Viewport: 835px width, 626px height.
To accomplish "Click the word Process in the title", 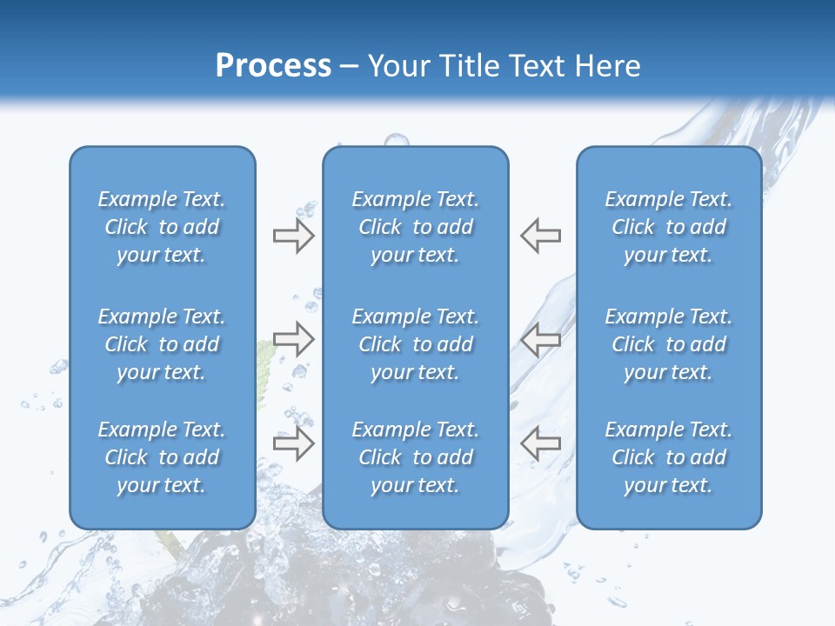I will coord(273,66).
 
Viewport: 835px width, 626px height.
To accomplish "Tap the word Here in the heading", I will coord(609,66).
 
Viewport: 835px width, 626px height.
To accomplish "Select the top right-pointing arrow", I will coord(293,236).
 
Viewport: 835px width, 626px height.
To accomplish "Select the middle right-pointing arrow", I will coord(293,339).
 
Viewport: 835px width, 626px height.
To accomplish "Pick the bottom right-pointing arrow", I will coord(293,443).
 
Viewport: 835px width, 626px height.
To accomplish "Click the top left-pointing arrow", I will coord(541,236).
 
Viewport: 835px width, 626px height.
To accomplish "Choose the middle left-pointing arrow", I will coord(541,339).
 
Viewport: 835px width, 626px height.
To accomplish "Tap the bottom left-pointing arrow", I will coord(541,443).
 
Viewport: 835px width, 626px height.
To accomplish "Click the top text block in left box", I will coord(162,227).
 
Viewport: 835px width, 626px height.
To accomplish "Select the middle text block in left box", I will coord(162,344).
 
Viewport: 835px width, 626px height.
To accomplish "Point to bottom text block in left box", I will coord(162,457).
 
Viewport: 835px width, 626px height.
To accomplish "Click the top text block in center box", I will coord(416,227).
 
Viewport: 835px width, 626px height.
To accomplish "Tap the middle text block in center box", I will coord(416,344).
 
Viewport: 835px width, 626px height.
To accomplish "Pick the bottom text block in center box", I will coord(416,457).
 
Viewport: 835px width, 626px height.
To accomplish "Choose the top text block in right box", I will coord(669,227).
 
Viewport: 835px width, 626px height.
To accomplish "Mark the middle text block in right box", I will coord(669,344).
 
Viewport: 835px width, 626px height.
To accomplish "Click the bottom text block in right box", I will coord(669,457).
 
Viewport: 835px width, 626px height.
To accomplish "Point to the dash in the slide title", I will coord(350,67).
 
